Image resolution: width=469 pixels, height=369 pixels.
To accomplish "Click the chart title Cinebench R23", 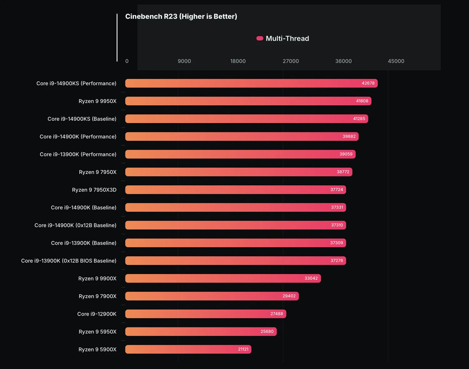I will [x=181, y=17].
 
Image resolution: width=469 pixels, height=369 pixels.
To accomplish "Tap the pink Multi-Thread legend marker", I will [x=260, y=38].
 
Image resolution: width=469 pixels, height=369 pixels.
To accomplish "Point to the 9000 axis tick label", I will [x=184, y=61].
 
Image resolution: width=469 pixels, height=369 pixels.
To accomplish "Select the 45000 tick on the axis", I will [x=396, y=61].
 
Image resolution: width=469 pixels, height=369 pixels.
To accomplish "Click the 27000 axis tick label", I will [x=291, y=61].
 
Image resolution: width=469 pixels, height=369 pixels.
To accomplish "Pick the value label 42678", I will [x=368, y=83].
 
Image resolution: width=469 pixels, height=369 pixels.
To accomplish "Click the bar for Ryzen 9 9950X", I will [x=248, y=101].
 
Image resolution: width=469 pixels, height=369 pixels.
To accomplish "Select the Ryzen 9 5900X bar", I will [x=188, y=349].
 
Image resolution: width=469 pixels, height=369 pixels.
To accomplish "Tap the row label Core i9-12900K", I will [x=97, y=314].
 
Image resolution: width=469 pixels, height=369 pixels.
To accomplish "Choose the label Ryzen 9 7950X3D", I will [x=94, y=190].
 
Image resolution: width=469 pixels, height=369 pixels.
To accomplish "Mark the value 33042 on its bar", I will [x=311, y=278].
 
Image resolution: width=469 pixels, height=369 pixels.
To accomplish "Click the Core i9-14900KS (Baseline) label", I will [x=82, y=119].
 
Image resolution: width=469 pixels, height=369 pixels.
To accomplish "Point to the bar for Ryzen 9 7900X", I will [x=212, y=296].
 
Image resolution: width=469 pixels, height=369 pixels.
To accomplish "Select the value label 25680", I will [x=267, y=332].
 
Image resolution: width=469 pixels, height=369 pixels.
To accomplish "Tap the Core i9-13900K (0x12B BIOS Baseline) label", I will [x=69, y=261].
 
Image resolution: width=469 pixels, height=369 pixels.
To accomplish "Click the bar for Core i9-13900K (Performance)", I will [x=240, y=154].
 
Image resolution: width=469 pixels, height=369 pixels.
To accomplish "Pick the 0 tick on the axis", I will [x=127, y=61].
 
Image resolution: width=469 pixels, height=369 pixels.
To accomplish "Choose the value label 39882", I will [x=349, y=136].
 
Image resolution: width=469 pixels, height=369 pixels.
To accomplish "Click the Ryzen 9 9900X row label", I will [x=97, y=278].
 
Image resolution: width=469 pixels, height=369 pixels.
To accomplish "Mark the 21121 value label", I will [x=243, y=349].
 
